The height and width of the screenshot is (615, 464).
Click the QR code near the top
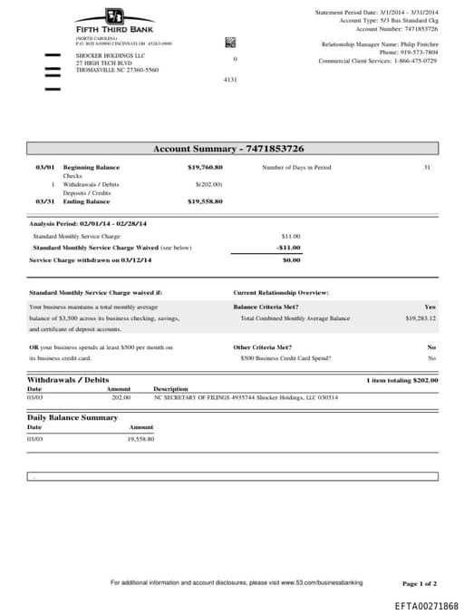[230, 43]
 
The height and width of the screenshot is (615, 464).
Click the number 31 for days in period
[427, 168]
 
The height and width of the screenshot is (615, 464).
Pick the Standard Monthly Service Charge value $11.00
[290, 236]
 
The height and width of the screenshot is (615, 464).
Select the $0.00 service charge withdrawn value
[291, 260]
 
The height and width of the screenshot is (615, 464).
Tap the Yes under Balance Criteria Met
[430, 307]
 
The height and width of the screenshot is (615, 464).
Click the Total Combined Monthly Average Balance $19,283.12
[420, 318]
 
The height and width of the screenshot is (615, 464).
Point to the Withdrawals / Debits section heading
[68, 379]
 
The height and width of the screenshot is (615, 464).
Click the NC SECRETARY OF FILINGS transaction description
[246, 397]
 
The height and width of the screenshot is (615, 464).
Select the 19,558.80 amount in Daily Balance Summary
[140, 439]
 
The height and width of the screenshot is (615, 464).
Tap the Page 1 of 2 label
[419, 583]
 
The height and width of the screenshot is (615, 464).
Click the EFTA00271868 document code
[426, 605]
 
